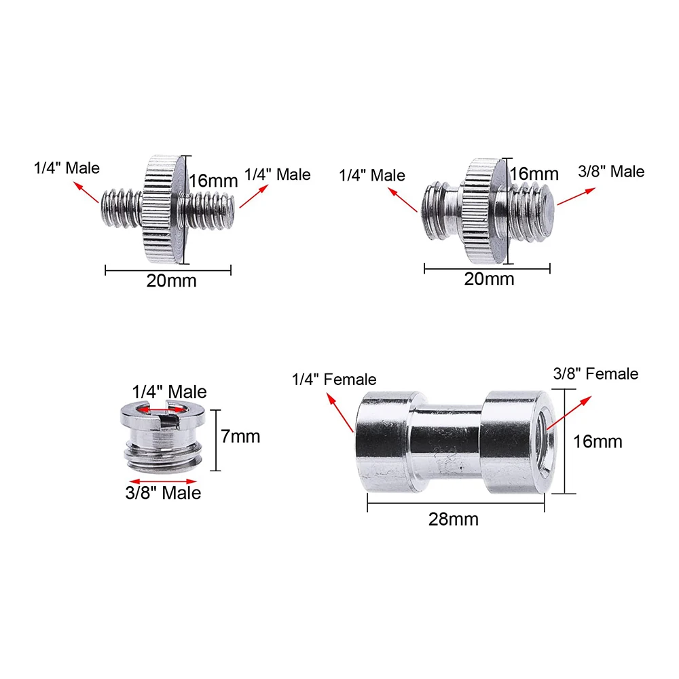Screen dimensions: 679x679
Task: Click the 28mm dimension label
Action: (453, 519)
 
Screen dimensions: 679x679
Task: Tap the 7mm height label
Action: (241, 436)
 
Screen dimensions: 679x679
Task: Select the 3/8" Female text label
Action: (596, 373)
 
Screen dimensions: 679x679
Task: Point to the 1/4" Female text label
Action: (334, 379)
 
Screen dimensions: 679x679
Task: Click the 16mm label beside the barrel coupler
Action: (598, 441)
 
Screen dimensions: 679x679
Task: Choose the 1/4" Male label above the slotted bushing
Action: (169, 392)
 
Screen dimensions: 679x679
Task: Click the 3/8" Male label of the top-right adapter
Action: (610, 172)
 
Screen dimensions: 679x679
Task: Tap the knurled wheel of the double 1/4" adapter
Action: (163, 209)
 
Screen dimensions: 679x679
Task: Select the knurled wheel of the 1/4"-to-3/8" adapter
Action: (485, 209)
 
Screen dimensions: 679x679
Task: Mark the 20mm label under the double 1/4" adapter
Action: (171, 280)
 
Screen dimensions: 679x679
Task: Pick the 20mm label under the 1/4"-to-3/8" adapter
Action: (489, 278)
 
